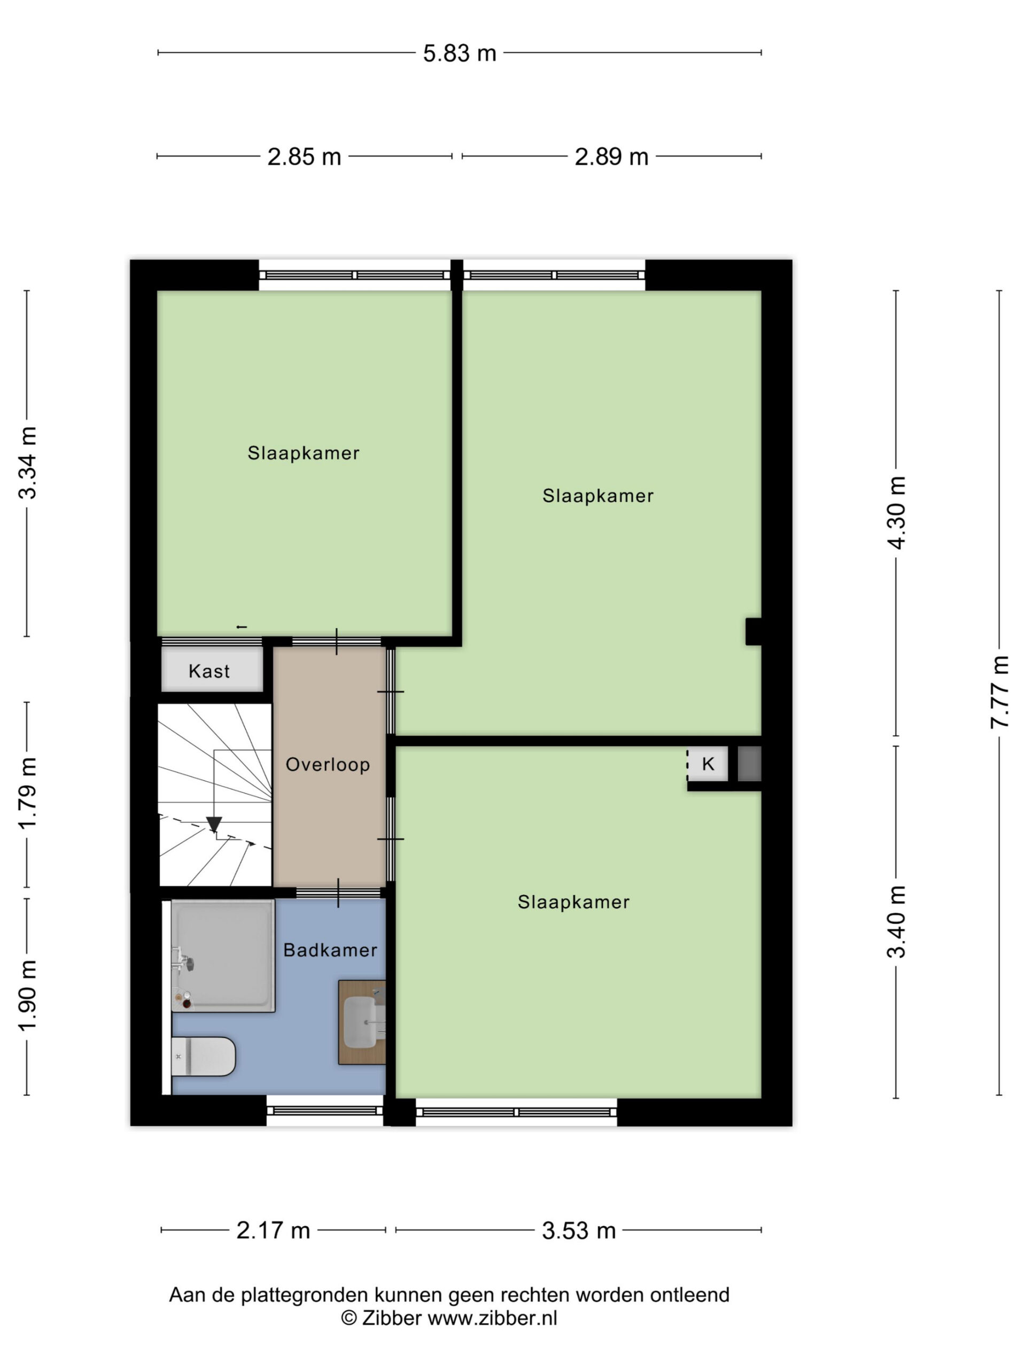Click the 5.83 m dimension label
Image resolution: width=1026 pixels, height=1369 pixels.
(x=460, y=53)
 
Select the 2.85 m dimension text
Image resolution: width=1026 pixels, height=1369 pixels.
(x=304, y=157)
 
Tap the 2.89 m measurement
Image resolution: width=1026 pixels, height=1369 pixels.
(x=612, y=157)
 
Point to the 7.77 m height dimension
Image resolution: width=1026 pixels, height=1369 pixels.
(x=999, y=692)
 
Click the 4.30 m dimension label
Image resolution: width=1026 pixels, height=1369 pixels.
(x=896, y=512)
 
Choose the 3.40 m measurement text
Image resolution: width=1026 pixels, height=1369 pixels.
(x=896, y=921)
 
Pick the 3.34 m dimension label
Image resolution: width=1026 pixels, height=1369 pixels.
(x=27, y=463)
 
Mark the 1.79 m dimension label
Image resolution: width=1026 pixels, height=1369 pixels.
(x=27, y=794)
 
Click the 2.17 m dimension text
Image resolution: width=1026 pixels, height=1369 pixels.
(x=274, y=1230)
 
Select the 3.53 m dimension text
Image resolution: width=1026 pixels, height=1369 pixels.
(x=579, y=1230)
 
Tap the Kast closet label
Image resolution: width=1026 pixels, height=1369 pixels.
(x=209, y=671)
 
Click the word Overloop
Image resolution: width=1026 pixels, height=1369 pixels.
(x=328, y=765)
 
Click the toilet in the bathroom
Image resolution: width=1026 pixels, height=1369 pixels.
(x=204, y=1057)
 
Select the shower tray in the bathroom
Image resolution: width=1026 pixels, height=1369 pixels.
(x=223, y=956)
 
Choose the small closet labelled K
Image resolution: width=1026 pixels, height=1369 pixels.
(x=708, y=764)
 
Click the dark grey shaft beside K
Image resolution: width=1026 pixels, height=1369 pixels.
(x=750, y=764)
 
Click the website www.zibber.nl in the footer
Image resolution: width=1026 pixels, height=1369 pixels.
(x=492, y=1319)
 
